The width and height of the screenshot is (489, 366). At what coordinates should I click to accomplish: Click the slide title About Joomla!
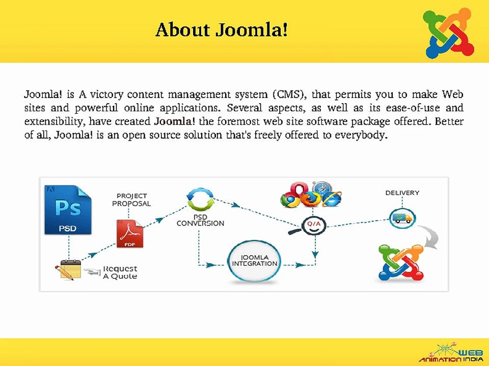coord(222,30)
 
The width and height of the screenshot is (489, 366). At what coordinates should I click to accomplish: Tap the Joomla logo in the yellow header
coord(448,34)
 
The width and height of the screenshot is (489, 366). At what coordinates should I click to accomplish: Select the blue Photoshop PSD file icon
coord(68,210)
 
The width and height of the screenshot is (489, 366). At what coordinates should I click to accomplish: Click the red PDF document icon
coord(130,233)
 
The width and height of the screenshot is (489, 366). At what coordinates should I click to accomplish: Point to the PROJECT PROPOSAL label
coord(131,200)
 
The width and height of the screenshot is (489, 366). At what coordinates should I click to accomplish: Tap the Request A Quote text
coord(120,272)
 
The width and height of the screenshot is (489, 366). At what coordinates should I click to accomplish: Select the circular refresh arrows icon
coord(200,199)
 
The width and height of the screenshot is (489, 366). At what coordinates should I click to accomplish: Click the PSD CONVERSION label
coord(200,220)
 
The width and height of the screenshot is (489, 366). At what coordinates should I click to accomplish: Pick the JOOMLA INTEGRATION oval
coord(255,261)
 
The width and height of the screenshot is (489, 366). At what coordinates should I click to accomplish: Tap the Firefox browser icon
coord(311,199)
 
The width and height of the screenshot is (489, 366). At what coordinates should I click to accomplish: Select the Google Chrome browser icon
coord(290,199)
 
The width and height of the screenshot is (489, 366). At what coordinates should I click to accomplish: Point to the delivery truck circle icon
coord(402,219)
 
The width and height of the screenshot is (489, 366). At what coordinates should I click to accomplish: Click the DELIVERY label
coord(402,193)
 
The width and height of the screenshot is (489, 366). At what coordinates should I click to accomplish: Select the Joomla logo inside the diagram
coord(401,263)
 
